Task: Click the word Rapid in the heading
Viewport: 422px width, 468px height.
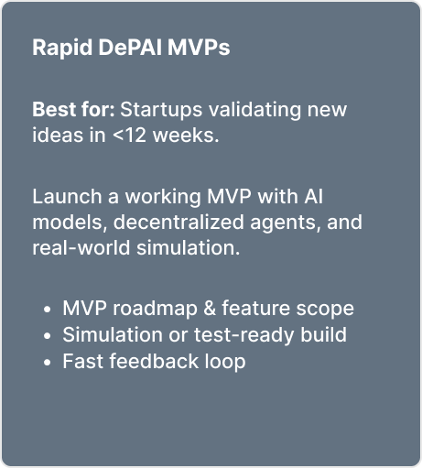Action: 62,48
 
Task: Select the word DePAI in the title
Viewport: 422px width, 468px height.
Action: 130,48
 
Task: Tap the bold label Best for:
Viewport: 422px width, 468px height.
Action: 73,109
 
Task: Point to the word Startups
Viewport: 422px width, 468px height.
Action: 161,110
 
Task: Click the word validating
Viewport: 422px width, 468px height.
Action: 254,110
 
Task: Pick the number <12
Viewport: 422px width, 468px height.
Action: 129,136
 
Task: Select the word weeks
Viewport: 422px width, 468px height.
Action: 186,135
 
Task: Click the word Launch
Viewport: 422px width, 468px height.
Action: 67,196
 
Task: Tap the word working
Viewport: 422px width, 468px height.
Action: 163,197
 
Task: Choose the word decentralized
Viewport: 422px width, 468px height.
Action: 179,222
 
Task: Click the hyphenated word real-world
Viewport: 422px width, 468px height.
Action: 81,247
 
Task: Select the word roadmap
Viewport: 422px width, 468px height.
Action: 155,309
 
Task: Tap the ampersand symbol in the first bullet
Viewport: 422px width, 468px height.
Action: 210,308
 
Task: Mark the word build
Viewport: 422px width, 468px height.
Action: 323,334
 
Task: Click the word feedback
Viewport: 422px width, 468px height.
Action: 154,361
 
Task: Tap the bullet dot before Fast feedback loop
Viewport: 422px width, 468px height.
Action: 47,363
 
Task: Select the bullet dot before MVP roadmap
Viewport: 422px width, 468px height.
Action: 47,310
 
